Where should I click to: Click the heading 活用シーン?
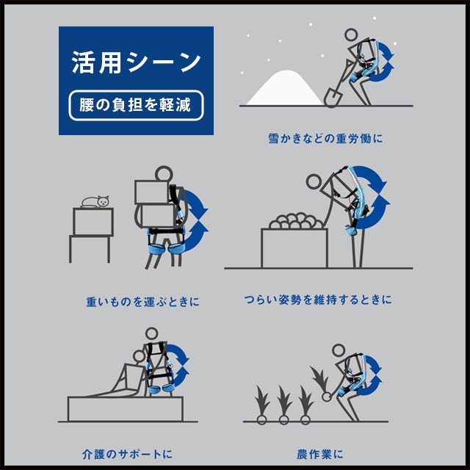pos(136,62)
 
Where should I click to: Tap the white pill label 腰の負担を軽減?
pos(136,106)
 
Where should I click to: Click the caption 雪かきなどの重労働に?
pos(327,137)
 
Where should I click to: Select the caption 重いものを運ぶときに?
pos(142,301)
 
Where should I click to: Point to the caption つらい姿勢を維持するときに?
pos(317,300)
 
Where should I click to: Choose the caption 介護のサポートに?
pos(127,454)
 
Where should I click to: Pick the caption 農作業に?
pos(322,454)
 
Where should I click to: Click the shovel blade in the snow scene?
pos(332,96)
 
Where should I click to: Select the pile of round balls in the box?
pos(294,222)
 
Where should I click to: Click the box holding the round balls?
pos(294,247)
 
